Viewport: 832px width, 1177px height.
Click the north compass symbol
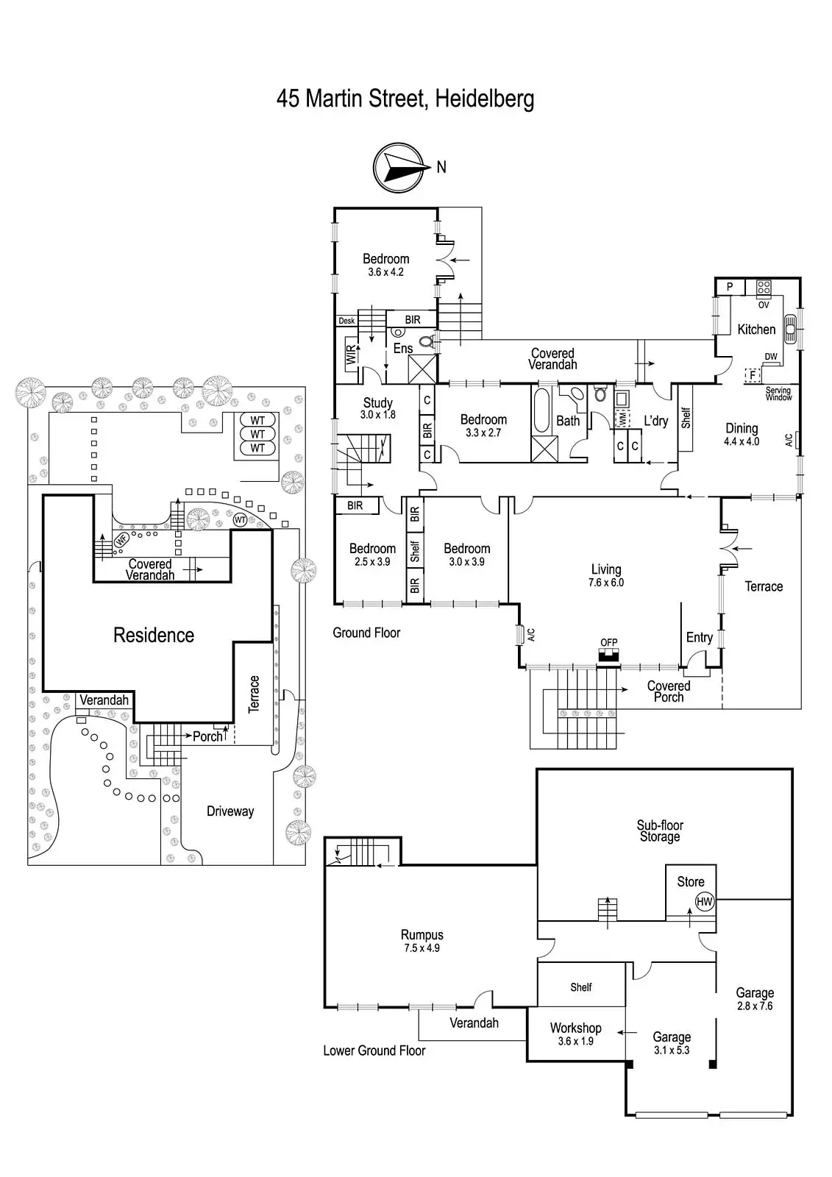tap(401, 168)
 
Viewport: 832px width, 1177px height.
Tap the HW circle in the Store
tap(704, 901)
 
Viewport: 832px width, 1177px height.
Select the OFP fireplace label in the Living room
tap(608, 642)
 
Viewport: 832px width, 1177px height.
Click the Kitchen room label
tap(756, 330)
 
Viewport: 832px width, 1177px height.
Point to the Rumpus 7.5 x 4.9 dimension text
tap(422, 948)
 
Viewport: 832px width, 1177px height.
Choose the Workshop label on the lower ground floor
tap(575, 1028)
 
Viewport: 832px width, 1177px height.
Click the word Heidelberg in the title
tap(484, 99)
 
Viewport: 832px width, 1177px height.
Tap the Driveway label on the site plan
tap(230, 811)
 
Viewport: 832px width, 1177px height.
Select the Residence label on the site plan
tap(154, 635)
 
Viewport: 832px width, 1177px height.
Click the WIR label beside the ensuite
tap(350, 355)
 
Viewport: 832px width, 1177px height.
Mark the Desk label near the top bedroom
tap(346, 321)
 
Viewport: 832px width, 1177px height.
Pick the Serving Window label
tap(778, 394)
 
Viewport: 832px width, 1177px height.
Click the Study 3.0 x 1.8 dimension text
tap(377, 415)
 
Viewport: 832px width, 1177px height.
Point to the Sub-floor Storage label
tap(660, 831)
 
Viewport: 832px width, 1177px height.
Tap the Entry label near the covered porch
tap(699, 638)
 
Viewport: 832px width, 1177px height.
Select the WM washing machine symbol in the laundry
tap(622, 417)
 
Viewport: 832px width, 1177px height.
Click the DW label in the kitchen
tap(770, 357)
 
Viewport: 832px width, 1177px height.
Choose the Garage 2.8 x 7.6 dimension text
tap(755, 1006)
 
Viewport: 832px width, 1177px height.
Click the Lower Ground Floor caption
tap(374, 1050)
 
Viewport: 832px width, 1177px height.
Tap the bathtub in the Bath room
tap(541, 410)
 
